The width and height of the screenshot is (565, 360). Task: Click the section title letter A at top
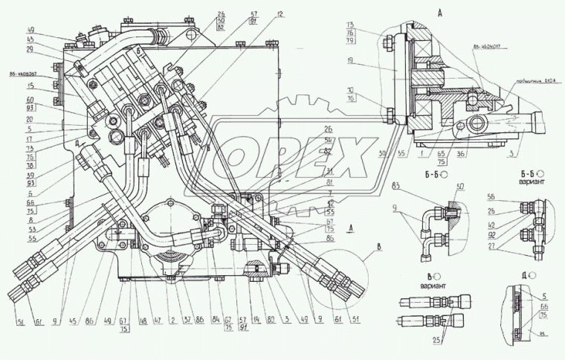tap(439, 13)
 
